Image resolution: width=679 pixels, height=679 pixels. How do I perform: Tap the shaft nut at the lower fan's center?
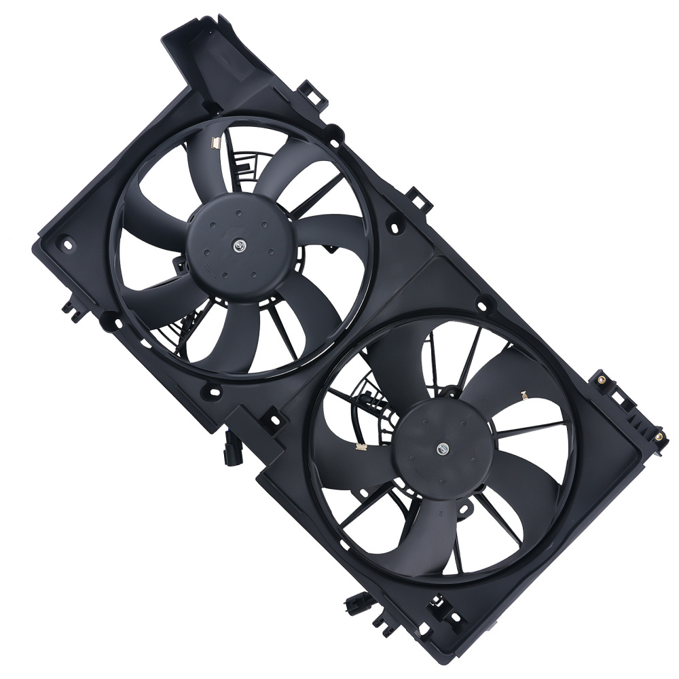(443, 448)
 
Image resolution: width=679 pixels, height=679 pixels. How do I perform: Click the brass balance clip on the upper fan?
(215, 143)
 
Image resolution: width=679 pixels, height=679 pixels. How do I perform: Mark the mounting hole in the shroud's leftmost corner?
(66, 241)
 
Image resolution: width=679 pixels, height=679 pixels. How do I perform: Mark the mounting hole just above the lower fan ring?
(483, 306)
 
